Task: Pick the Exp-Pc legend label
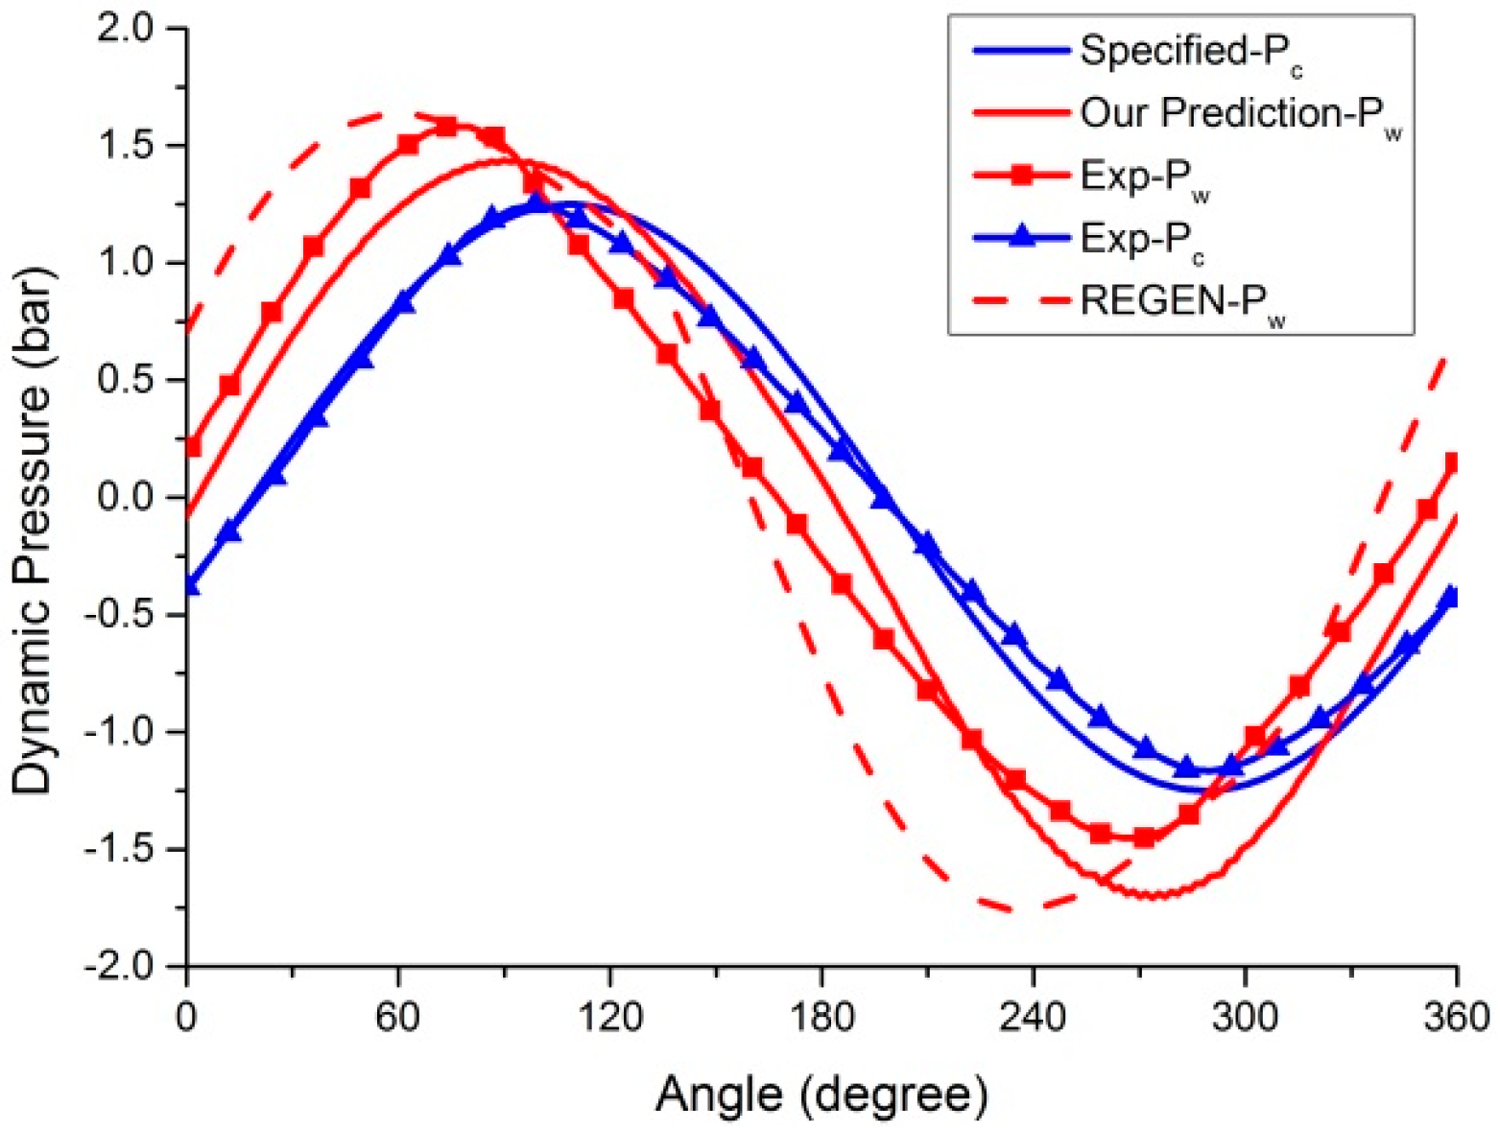click(1142, 239)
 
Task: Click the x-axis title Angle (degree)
click(821, 1093)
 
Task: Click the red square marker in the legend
click(1022, 176)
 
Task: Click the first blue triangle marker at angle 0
click(190, 584)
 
